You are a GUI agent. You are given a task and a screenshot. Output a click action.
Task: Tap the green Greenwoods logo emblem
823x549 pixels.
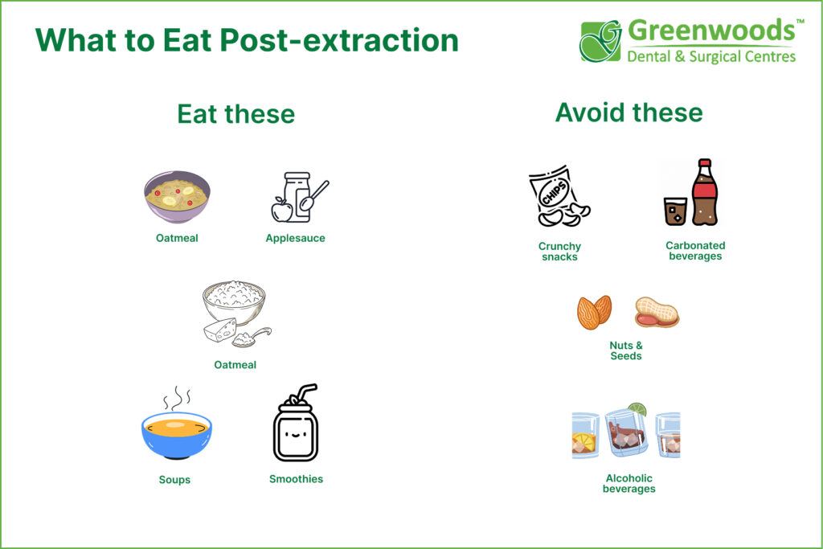point(601,41)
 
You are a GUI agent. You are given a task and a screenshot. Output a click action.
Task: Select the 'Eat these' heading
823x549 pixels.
point(236,114)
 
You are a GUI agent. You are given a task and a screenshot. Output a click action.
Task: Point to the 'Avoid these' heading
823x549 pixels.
point(629,113)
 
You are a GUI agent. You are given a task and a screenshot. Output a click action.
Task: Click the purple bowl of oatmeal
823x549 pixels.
point(178,197)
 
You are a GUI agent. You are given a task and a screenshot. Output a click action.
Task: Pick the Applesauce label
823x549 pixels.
point(295,238)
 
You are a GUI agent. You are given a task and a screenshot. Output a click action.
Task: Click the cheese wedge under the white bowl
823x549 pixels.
point(220,330)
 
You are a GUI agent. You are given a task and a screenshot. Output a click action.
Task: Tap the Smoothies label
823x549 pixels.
point(296,479)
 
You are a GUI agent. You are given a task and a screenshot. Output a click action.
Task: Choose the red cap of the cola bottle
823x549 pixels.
point(705,163)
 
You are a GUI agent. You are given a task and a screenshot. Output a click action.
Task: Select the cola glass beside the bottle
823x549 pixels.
point(675,211)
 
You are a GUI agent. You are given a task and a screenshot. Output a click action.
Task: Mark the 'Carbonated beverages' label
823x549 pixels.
point(695,251)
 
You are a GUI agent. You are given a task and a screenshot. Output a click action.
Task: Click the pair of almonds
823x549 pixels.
point(595,313)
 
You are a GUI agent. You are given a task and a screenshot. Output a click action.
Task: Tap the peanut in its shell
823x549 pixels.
point(657,312)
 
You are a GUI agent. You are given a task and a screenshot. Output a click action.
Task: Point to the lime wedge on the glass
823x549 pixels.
point(637,408)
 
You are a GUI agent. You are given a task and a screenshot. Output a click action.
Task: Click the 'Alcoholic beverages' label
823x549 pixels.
point(629,483)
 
